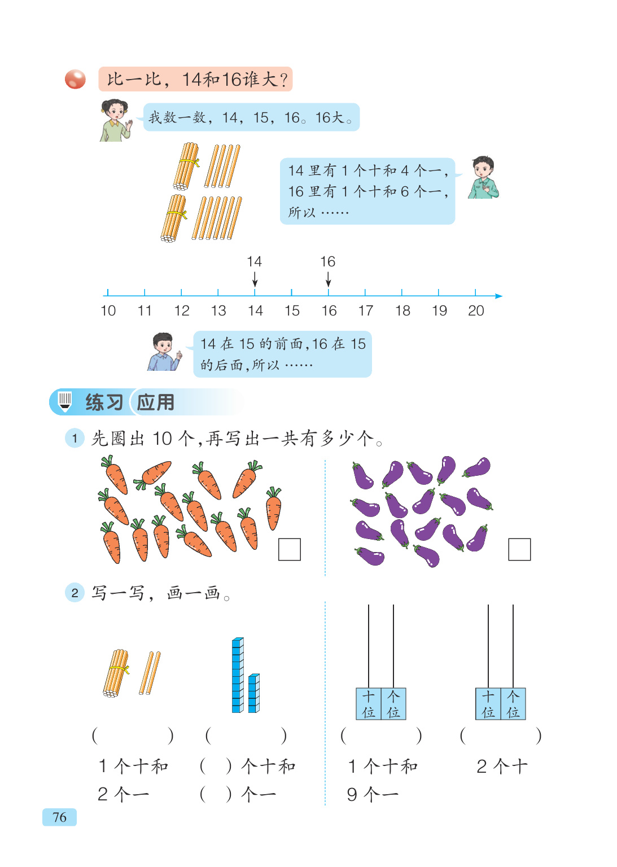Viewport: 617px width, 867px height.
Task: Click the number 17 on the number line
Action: [366, 310]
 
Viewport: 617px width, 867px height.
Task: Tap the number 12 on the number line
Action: [182, 310]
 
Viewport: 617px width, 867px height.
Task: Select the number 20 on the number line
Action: [476, 310]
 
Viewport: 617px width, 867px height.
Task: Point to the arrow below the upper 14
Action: [255, 279]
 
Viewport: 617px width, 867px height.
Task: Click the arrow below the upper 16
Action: [329, 279]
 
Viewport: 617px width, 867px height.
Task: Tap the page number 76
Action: [59, 817]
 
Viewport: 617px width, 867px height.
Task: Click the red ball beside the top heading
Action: [75, 79]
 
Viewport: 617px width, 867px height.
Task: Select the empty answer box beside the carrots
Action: [290, 549]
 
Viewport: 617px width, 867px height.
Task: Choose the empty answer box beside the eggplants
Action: [519, 549]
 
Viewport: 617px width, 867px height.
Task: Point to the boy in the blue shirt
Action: [164, 352]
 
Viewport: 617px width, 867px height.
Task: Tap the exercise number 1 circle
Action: [75, 438]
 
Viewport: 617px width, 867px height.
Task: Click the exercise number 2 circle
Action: [75, 593]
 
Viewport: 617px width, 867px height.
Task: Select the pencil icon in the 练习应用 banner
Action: [65, 401]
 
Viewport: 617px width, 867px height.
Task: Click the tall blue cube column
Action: [238, 675]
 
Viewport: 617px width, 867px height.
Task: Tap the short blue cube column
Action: [254, 693]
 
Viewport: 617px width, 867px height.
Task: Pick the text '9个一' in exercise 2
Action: [373, 795]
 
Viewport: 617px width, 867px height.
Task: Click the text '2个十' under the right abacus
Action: [502, 767]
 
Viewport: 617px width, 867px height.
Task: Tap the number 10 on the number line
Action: [108, 310]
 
